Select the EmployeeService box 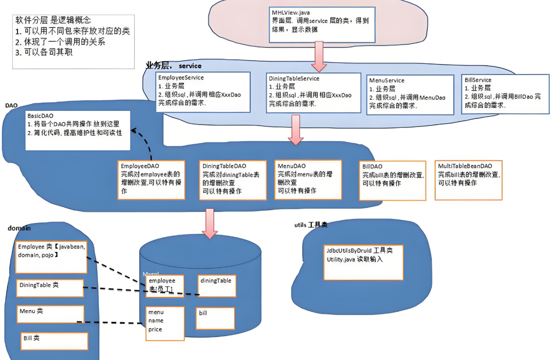(x=204, y=92)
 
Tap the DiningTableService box (x=314, y=92)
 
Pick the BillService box (x=505, y=94)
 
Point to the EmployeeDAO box (x=152, y=179)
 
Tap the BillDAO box (x=391, y=180)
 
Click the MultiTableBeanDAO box (x=468, y=180)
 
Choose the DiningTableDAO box (x=233, y=180)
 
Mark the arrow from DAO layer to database (x=210, y=223)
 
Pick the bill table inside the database (x=215, y=318)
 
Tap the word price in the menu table (x=155, y=329)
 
